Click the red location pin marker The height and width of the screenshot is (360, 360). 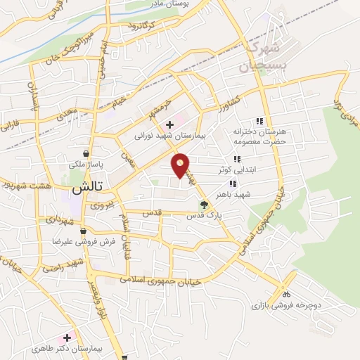click(181, 165)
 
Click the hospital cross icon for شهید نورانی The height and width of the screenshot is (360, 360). click(170, 124)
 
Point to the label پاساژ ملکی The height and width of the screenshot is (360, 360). click(86, 164)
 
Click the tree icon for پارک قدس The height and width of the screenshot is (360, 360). click(204, 205)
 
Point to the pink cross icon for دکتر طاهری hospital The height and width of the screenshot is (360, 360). click(67, 337)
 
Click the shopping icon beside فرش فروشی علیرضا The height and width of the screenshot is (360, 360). click(83, 231)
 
